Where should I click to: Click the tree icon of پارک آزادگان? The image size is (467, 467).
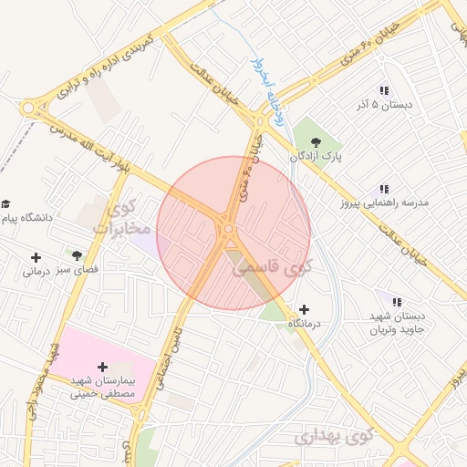click(x=316, y=141)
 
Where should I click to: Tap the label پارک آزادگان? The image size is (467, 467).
click(x=316, y=157)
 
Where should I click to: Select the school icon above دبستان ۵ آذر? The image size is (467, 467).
click(x=384, y=90)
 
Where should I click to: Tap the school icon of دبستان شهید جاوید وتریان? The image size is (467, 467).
click(x=397, y=301)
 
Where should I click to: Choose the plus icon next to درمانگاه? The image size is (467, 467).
click(x=304, y=310)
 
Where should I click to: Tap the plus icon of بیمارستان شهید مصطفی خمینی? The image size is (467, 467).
click(x=102, y=366)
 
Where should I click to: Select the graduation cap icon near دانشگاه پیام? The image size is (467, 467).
click(x=6, y=203)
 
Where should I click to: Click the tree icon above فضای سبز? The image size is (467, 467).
click(x=77, y=255)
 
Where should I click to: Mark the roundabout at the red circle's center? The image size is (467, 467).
click(x=230, y=231)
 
